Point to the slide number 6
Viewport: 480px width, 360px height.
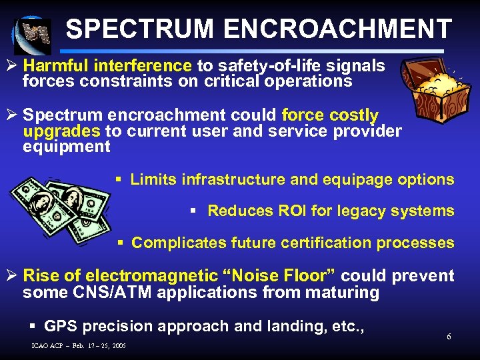click(449, 336)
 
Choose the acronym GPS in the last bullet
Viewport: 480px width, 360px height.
click(60, 326)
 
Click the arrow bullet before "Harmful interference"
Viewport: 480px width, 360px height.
click(13, 66)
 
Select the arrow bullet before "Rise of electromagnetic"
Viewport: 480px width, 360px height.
click(13, 276)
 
